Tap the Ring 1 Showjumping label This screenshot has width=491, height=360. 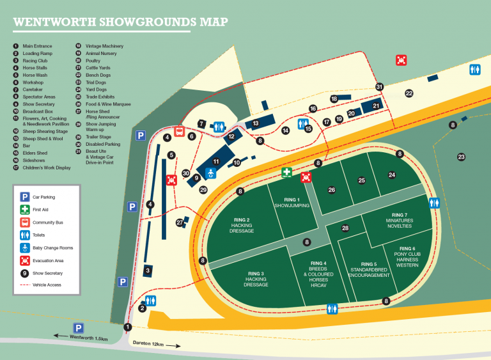tap(292, 202)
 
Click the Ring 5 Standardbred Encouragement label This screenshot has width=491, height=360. tap(369, 269)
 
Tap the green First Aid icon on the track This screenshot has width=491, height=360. tap(288, 173)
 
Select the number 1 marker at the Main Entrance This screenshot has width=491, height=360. tap(128, 327)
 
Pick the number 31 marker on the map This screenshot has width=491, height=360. tap(379, 87)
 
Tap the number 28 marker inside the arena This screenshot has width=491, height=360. tap(345, 228)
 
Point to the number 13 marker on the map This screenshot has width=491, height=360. tap(255, 123)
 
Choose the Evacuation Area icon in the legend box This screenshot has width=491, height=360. tap(24, 261)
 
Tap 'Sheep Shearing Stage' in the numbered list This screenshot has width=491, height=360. tap(45, 130)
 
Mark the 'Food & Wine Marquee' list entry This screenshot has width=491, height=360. tap(109, 104)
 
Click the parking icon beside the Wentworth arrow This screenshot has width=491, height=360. tap(78, 327)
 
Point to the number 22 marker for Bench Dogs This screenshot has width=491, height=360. tap(409, 93)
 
